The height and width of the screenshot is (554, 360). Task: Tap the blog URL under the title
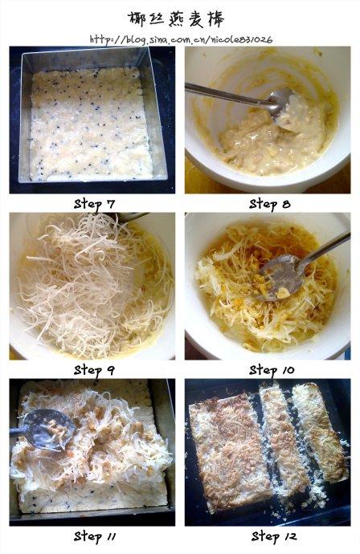[181, 39]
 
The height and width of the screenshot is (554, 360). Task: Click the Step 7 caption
[95, 204]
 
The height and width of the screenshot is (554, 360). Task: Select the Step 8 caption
[269, 204]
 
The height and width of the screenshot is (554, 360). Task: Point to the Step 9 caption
[94, 371]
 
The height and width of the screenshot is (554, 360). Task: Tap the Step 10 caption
[272, 371]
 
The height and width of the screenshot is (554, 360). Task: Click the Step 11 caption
[95, 536]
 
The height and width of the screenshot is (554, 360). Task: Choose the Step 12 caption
[274, 536]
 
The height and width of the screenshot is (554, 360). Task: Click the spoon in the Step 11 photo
[43, 430]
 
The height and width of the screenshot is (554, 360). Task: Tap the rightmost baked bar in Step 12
[320, 432]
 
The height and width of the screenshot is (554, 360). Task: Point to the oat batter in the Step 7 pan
[90, 124]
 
